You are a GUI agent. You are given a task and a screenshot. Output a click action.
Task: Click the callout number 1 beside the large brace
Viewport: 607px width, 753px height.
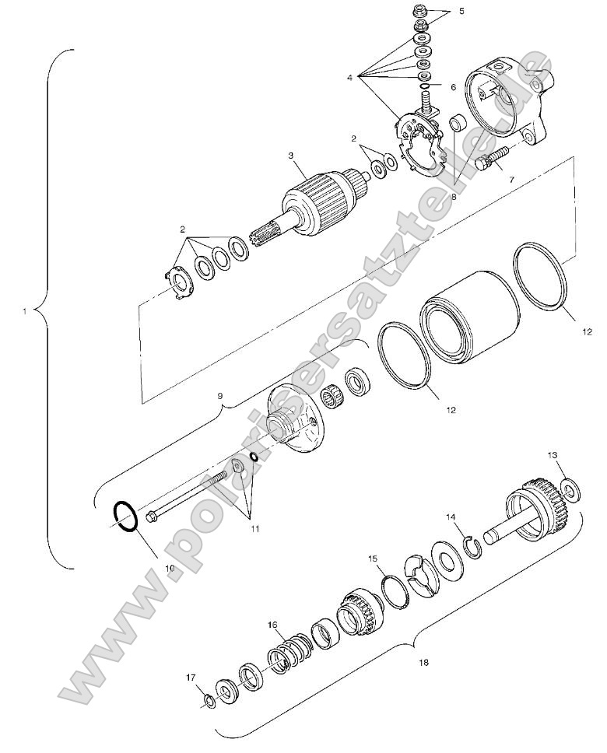pyautogui.click(x=25, y=311)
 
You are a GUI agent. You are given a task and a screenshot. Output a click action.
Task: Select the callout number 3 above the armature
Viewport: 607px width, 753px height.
pyautogui.click(x=291, y=156)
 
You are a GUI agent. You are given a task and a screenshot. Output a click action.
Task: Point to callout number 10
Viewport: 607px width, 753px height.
pyautogui.click(x=170, y=567)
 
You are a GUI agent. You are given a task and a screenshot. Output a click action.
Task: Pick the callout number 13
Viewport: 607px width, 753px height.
pyautogui.click(x=552, y=454)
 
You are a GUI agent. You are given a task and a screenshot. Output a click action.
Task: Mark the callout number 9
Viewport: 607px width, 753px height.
pyautogui.click(x=220, y=396)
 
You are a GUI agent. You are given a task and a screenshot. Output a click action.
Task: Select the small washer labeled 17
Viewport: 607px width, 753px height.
pyautogui.click(x=209, y=702)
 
